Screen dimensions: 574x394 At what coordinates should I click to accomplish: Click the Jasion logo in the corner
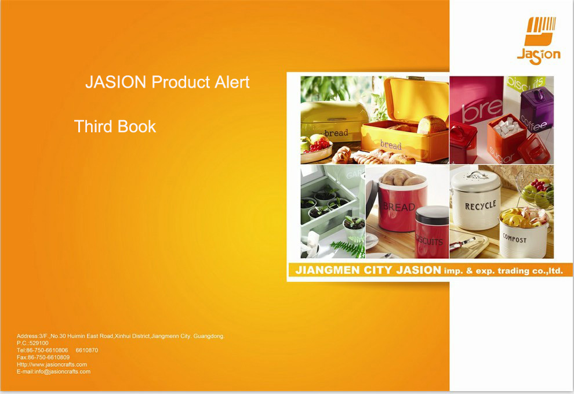point(539,41)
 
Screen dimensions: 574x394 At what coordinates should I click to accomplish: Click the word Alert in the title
point(232,82)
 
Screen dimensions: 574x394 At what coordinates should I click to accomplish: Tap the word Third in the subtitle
point(93,126)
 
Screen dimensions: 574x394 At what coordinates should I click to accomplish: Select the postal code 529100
point(39,343)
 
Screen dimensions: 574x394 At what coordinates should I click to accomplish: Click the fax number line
point(43,357)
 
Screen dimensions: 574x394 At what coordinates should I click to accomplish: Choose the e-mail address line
point(53,371)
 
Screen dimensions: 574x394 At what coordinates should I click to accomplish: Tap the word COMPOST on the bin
point(514,239)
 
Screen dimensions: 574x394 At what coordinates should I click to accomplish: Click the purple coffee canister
point(536,104)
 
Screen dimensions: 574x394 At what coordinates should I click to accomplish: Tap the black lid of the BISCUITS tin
point(432,215)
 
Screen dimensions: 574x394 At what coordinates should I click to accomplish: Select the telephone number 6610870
point(87,350)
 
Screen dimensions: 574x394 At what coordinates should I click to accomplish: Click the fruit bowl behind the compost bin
point(537,193)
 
